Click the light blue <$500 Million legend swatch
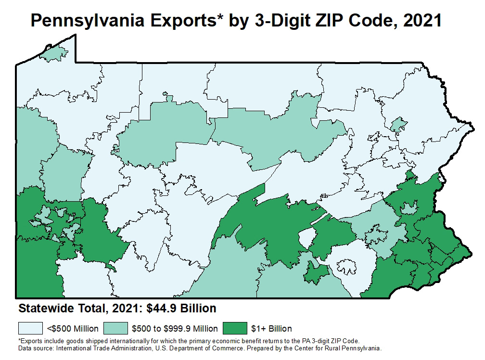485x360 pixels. (x=31, y=329)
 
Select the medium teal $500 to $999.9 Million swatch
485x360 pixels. (x=116, y=329)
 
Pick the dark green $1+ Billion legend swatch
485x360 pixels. (x=234, y=329)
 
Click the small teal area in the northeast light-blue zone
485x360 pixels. (x=398, y=125)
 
